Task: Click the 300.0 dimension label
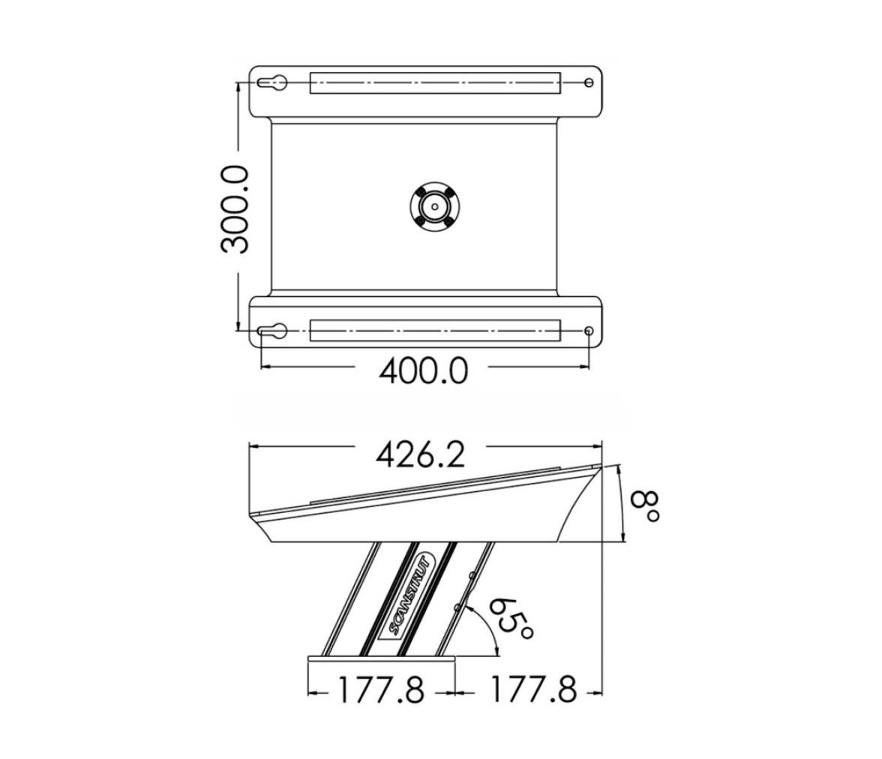pyautogui.click(x=235, y=209)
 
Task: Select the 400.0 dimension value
pyautogui.click(x=423, y=371)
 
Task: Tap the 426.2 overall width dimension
pyautogui.click(x=420, y=455)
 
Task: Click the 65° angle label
pyautogui.click(x=511, y=618)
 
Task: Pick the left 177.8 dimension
pyautogui.click(x=381, y=690)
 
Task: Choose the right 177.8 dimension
pyautogui.click(x=534, y=689)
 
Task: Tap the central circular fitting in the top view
pyautogui.click(x=434, y=206)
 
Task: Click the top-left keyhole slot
pyautogui.click(x=273, y=83)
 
